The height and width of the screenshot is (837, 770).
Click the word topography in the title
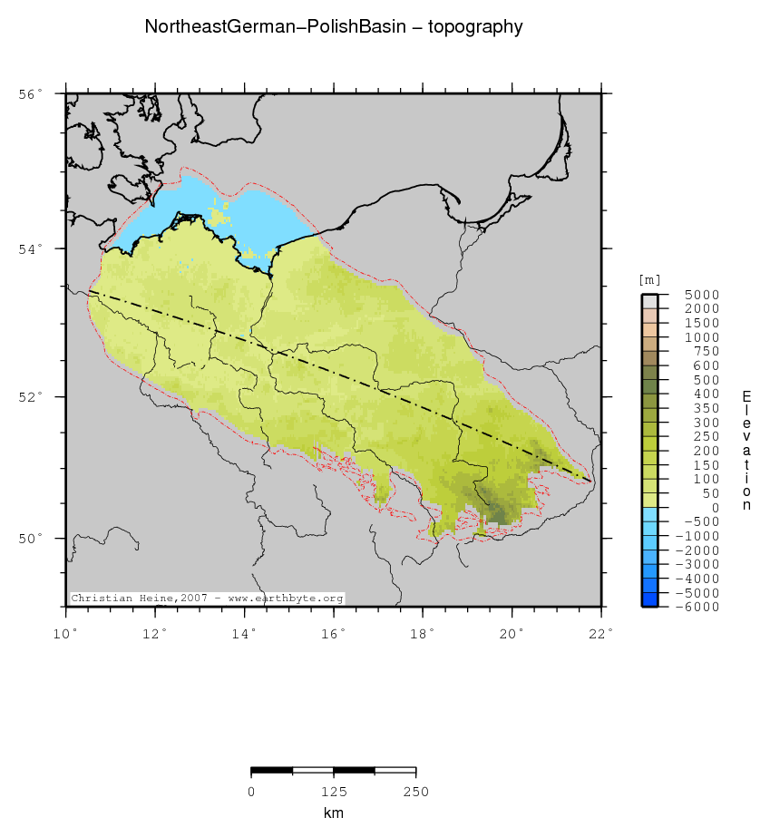point(475,28)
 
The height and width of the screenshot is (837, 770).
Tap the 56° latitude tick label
point(32,94)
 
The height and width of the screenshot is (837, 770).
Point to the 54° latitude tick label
point(32,248)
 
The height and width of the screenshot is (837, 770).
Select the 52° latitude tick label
point(32,397)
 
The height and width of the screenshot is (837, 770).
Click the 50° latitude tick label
point(32,539)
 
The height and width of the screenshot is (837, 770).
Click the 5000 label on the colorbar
point(701,295)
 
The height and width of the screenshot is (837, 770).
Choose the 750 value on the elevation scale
point(705,351)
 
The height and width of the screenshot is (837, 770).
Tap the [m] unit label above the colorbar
point(649,279)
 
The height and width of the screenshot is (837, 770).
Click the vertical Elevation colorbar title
point(746,451)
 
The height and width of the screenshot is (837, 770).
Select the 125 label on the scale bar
point(334,792)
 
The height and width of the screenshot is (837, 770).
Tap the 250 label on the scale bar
point(416,792)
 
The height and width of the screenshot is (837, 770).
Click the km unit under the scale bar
point(334,813)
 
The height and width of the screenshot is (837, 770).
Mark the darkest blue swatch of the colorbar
point(649,599)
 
